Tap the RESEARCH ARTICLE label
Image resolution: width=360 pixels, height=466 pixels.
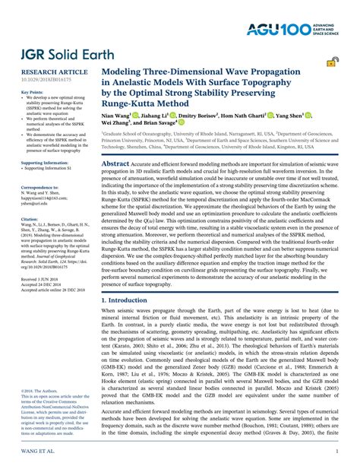click(x=44, y=70)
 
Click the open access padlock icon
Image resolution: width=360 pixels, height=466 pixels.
click(x=332, y=65)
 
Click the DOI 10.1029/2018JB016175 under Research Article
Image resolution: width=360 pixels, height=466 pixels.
click(x=43, y=78)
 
